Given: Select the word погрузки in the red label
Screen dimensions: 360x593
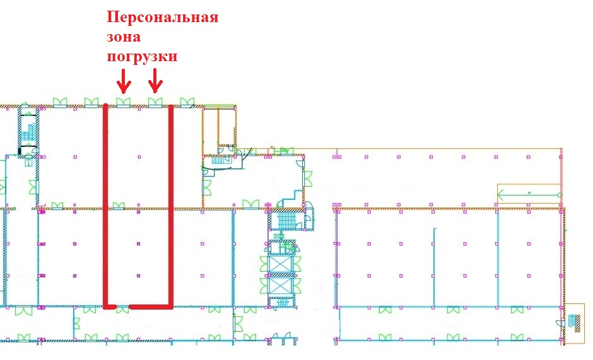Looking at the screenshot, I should tap(142, 57).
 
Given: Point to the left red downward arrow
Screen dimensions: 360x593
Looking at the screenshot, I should tap(123, 80).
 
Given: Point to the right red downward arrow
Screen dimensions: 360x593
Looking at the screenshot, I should tap(155, 80).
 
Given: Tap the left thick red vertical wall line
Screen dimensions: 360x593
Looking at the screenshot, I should tap(106, 202).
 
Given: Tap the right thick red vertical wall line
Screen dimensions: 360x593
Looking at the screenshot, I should tap(171, 202).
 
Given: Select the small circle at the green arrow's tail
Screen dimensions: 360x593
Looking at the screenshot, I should tap(559, 195).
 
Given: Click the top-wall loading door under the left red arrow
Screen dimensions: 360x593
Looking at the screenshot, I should tap(123, 102).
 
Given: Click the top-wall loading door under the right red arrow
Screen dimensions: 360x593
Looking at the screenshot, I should tap(155, 102).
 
